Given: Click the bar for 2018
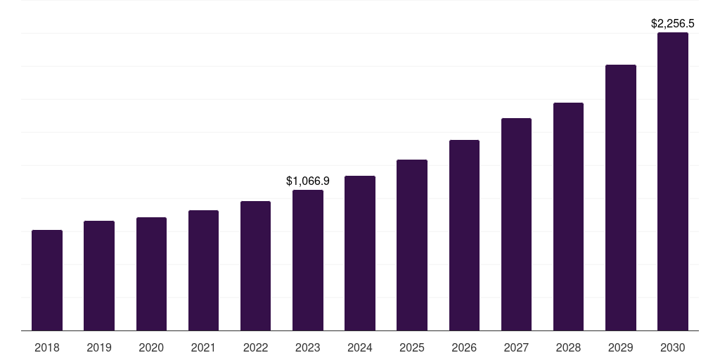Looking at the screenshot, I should click(47, 281).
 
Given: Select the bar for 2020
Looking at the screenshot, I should click(151, 274).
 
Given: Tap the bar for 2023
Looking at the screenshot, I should click(308, 260).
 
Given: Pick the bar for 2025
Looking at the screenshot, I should click(412, 245).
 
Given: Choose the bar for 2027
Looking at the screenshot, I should click(516, 224).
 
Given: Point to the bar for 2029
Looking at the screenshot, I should click(621, 198).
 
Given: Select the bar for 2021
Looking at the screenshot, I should click(203, 271).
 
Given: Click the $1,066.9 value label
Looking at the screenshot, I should click(308, 181).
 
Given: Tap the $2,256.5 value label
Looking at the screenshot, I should click(673, 23).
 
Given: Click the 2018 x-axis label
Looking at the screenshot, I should click(47, 347).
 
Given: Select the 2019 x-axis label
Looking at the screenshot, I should click(99, 347).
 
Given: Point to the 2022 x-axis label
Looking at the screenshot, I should click(256, 347).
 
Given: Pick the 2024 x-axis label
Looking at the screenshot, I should click(360, 347).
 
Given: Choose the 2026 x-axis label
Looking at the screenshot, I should click(464, 347).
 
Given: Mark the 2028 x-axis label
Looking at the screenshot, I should click(568, 347).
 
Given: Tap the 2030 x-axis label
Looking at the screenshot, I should click(673, 347).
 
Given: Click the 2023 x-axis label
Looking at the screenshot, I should click(308, 347).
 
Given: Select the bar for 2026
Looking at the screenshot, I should click(464, 236).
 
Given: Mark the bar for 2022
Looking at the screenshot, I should click(256, 266).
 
